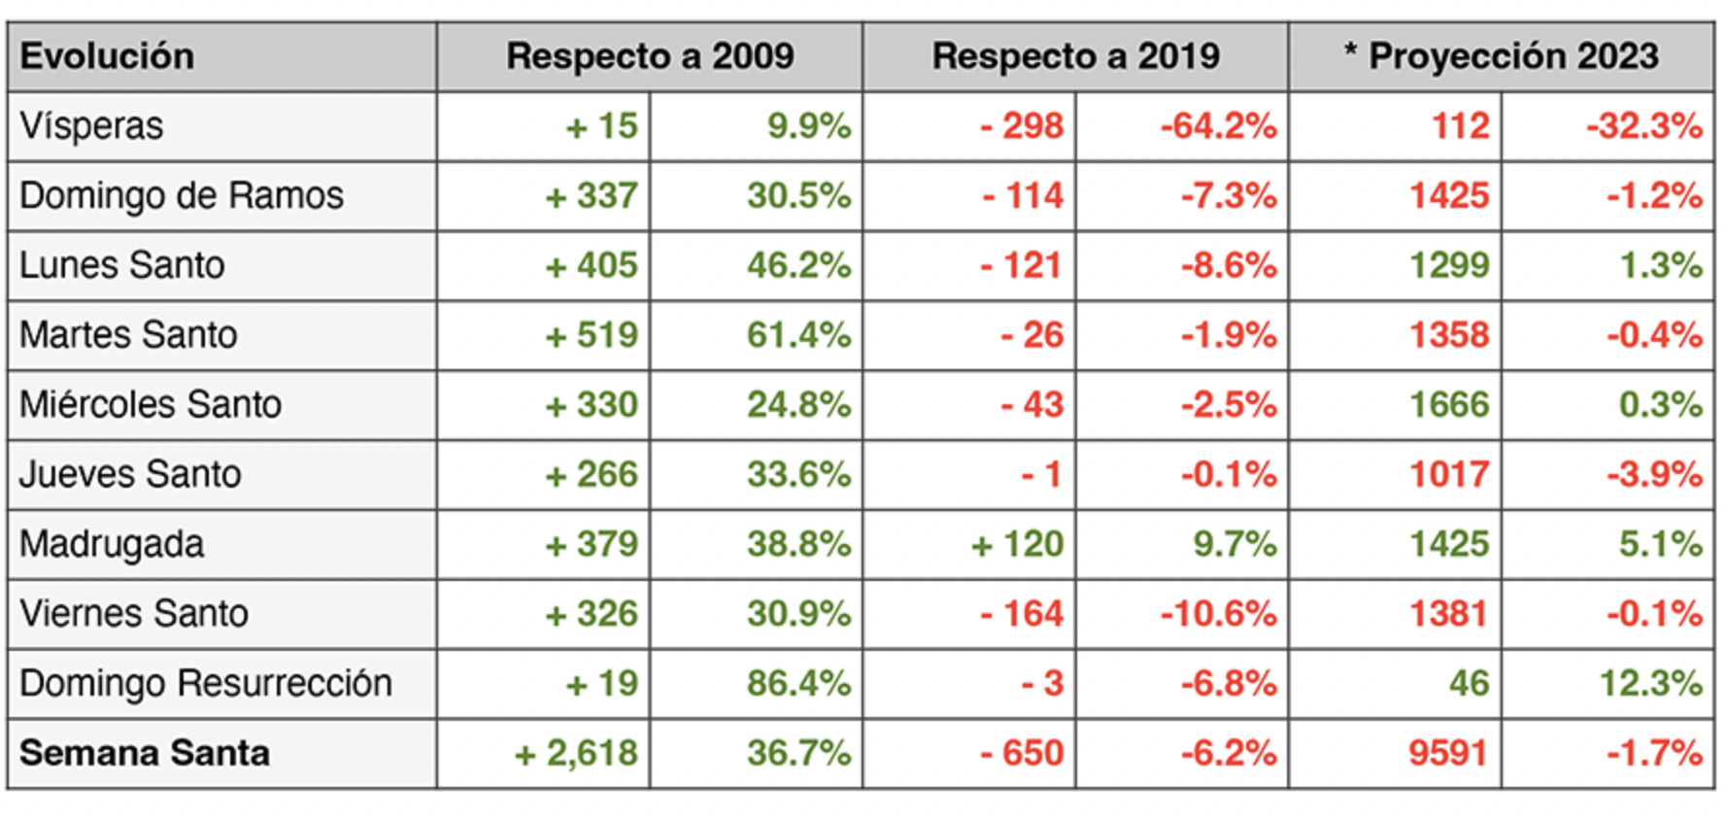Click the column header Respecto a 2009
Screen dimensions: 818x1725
[650, 56]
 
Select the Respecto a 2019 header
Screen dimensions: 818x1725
[1075, 56]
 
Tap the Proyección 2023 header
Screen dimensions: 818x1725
[1502, 56]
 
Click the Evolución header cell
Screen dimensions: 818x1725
[107, 56]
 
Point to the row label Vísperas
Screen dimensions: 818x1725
[91, 126]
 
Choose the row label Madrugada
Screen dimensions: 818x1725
[112, 544]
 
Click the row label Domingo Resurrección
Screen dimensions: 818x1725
[206, 683]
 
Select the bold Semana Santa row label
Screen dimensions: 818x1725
[145, 753]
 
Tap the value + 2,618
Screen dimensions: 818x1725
[576, 753]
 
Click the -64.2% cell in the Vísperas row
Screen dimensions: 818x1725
[1218, 126]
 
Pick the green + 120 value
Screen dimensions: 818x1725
[1017, 544]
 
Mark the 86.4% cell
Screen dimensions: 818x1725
[798, 683]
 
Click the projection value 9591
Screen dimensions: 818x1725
[1448, 753]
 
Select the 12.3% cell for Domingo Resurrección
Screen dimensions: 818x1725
[1650, 683]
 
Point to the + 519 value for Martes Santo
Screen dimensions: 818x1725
[592, 335]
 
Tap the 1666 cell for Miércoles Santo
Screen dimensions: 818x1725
[1449, 405]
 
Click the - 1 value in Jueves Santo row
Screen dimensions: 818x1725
[1041, 474]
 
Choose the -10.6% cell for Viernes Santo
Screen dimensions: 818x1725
[1218, 614]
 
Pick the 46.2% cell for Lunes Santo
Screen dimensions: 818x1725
[798, 265]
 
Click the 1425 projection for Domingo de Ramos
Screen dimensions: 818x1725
[1449, 196]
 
